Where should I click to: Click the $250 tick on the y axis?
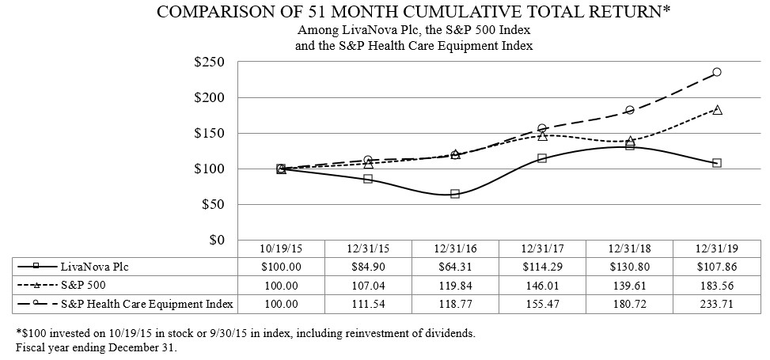[210, 63]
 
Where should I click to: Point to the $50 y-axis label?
[213, 204]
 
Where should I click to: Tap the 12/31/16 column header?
[455, 248]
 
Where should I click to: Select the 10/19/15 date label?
[281, 248]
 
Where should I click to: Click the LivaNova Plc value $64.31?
[455, 267]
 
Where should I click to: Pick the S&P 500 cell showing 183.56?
[716, 284]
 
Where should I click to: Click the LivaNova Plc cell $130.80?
[629, 267]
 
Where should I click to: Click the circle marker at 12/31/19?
[717, 72]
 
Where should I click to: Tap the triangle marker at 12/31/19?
[717, 110]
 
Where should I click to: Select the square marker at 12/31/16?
[455, 194]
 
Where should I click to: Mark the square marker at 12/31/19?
[717, 163]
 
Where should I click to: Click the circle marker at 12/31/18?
[630, 111]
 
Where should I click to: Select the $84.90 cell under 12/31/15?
[368, 267]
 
